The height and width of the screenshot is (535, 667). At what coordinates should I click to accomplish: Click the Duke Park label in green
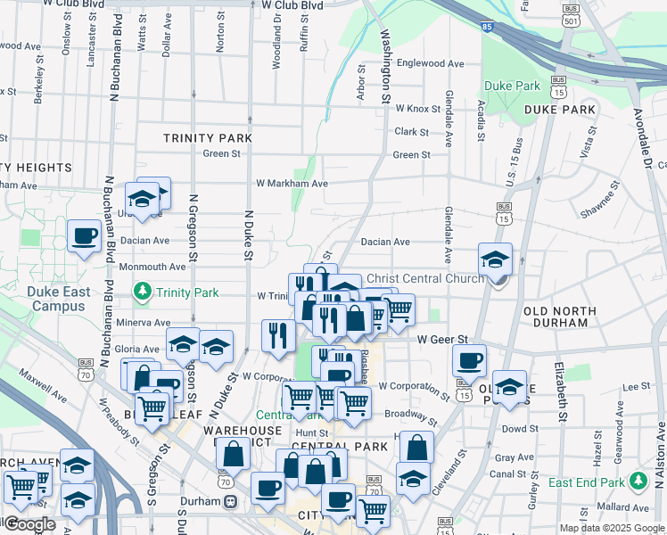click(x=512, y=86)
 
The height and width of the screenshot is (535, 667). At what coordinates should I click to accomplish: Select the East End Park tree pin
click(x=637, y=481)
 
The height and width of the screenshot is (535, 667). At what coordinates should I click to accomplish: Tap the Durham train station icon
click(x=231, y=501)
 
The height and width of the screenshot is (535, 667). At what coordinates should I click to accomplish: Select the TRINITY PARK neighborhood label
click(x=208, y=138)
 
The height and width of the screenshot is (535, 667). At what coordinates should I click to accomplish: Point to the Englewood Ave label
click(x=431, y=63)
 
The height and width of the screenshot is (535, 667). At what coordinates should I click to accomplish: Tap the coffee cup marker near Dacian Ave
click(x=84, y=236)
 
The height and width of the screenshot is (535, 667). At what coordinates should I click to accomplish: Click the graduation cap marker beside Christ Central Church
click(x=495, y=259)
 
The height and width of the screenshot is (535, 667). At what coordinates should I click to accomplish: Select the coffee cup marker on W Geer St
click(x=468, y=361)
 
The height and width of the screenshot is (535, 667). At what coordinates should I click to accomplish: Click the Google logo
click(x=29, y=524)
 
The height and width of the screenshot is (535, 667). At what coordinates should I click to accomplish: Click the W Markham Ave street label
click(x=292, y=183)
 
